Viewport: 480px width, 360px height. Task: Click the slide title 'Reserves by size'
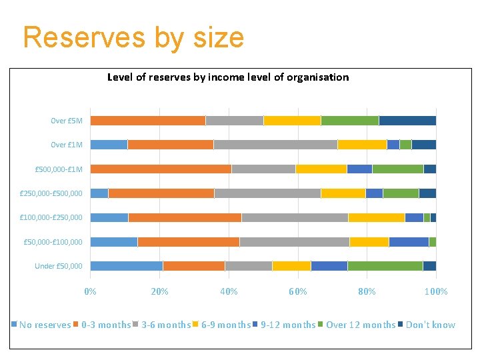coord(133,37)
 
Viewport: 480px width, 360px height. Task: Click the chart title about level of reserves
coord(228,77)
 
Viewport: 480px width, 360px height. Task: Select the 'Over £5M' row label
coord(67,121)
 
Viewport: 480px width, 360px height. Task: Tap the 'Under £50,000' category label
coord(59,266)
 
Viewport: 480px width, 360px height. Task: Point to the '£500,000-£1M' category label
coord(59,169)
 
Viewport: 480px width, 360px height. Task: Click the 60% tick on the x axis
coord(297,291)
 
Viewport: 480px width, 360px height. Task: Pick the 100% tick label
coord(436,291)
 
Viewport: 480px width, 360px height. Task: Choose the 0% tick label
coord(90,291)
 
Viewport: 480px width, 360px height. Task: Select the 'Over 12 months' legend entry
coord(361,325)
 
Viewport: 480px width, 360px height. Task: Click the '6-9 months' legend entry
coord(226,325)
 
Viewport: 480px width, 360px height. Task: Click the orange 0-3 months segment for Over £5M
coord(147,121)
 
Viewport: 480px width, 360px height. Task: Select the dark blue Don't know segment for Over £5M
coord(407,121)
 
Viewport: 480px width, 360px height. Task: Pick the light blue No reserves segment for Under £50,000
coord(127,266)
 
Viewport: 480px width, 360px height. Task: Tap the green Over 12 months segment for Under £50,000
coord(385,266)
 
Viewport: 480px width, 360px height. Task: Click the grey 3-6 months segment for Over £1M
coord(275,145)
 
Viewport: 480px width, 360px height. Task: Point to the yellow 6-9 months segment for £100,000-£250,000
coord(377,217)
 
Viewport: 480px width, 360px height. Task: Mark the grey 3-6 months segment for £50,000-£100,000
coord(294,242)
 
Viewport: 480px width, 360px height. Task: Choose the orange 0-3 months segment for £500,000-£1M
coord(161,169)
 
